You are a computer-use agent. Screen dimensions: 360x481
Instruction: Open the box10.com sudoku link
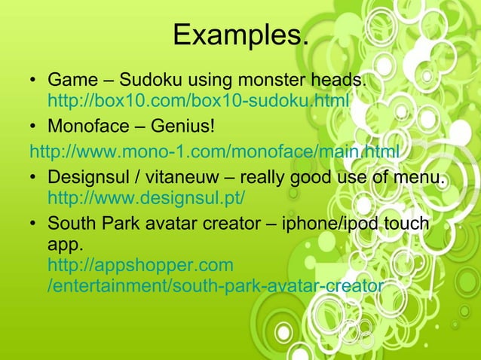[x=198, y=100]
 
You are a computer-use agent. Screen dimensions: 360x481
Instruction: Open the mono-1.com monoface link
[x=215, y=154]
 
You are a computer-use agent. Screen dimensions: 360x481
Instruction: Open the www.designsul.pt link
[x=146, y=199]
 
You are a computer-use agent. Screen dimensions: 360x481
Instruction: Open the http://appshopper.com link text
[x=140, y=265]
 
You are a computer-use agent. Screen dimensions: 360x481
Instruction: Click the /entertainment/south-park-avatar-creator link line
[x=216, y=285]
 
